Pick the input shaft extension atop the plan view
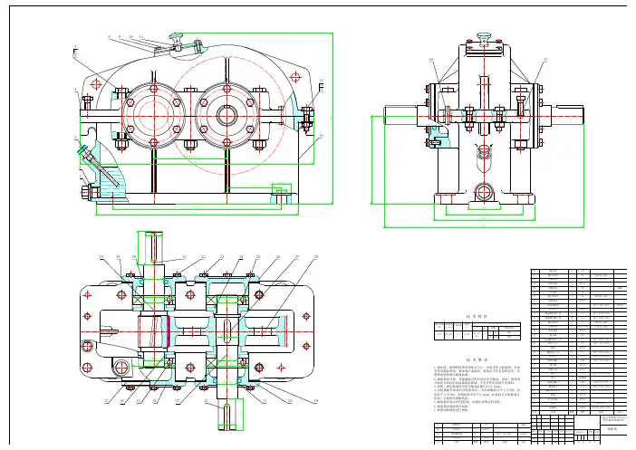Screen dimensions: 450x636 pos(149,244)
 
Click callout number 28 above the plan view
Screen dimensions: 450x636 pos(316,257)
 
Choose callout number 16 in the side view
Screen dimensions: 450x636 pos(432,61)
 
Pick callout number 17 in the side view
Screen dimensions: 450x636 pos(544,61)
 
